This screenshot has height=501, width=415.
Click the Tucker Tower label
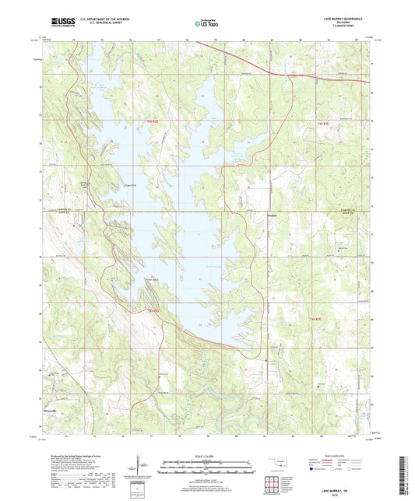point(149,280)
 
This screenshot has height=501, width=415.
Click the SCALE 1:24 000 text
point(208,455)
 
